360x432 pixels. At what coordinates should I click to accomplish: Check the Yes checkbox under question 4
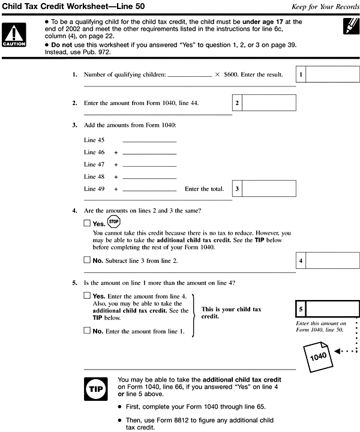(x=88, y=223)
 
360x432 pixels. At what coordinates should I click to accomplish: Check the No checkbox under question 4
(x=88, y=260)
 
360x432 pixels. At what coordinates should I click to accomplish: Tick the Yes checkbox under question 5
(x=88, y=296)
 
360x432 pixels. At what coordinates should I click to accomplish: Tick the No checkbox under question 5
(x=88, y=330)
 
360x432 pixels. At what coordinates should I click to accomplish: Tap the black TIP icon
(x=97, y=388)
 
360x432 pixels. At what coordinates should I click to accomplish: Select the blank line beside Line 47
(x=149, y=165)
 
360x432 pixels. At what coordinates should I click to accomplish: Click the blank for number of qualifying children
(x=190, y=76)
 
